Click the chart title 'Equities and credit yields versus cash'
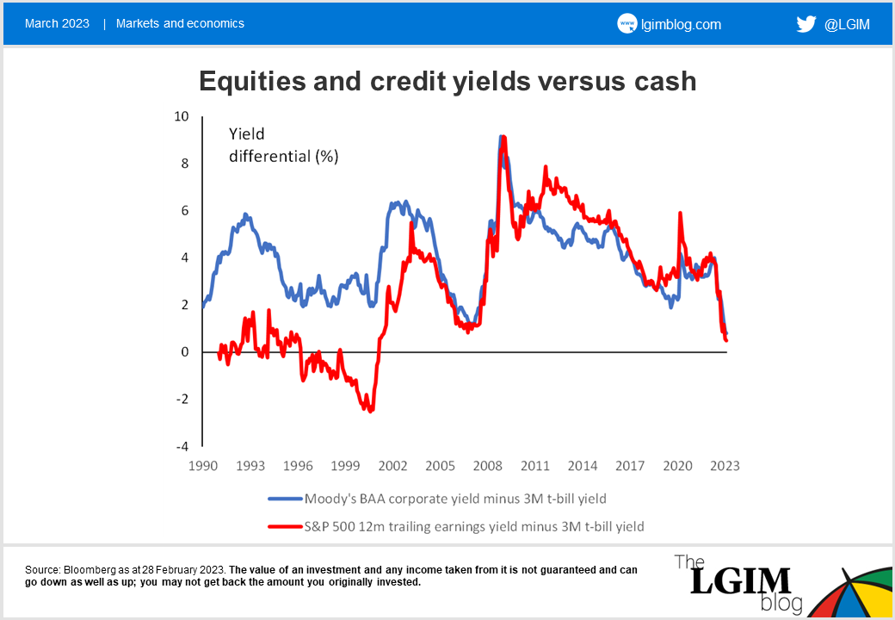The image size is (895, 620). point(447,81)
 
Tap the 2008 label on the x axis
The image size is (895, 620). point(487,466)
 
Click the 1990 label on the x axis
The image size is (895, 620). point(203,466)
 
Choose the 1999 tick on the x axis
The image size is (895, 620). point(345,466)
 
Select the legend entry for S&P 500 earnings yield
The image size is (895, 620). point(474,525)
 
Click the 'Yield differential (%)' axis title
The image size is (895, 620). point(283,145)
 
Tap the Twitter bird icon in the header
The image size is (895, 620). point(805,24)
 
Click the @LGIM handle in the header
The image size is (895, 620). point(847,24)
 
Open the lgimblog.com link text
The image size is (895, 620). point(681,24)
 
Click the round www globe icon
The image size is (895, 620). point(627,24)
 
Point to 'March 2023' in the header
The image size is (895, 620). point(57,23)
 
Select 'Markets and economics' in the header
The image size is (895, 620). point(180,23)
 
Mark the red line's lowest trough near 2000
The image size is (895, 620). point(371,410)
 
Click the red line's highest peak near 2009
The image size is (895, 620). point(503,138)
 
